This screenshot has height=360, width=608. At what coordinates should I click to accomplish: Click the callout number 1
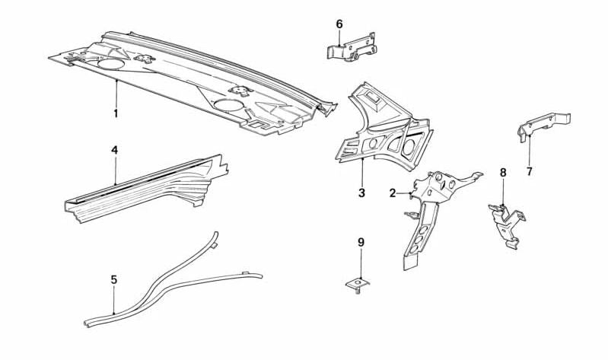(116, 113)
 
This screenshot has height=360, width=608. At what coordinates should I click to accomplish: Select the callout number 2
(393, 193)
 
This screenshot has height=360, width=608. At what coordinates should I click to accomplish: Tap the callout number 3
(361, 193)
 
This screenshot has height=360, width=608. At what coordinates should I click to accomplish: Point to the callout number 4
(114, 150)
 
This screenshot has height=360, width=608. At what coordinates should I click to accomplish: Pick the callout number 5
(113, 279)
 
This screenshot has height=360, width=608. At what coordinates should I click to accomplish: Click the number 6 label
(339, 24)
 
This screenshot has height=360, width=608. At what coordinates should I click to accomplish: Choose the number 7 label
(530, 171)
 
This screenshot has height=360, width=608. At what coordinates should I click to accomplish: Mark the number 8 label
(503, 173)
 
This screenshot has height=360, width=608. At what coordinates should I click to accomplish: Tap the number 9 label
(361, 243)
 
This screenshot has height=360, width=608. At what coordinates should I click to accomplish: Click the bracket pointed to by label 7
(543, 125)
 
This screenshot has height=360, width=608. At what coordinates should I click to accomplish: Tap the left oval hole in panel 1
(110, 64)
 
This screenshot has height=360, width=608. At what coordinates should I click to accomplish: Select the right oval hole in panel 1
(229, 104)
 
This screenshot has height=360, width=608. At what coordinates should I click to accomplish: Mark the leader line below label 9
(361, 263)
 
